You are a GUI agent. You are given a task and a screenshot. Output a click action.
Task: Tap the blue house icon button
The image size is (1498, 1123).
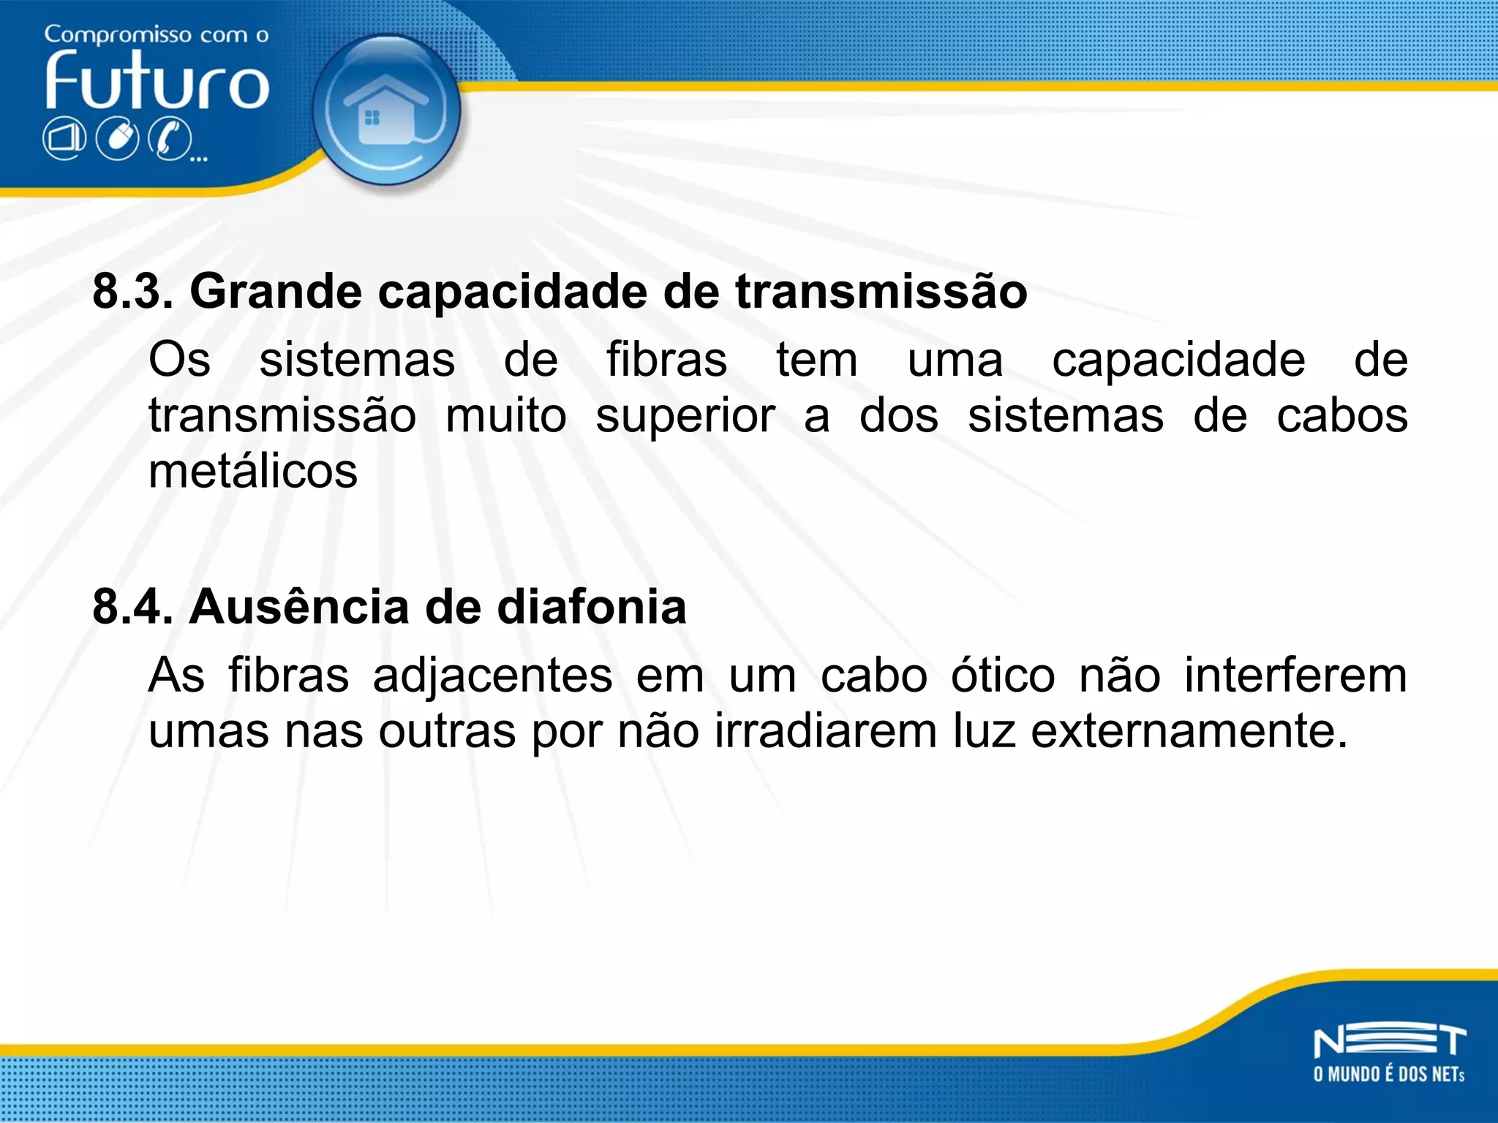(x=385, y=110)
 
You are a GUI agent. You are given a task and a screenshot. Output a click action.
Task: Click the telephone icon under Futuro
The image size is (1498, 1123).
(x=170, y=138)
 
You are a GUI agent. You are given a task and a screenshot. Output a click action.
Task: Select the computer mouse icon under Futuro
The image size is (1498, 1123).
(x=118, y=138)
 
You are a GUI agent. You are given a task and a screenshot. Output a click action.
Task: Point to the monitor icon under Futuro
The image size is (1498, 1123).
(x=64, y=138)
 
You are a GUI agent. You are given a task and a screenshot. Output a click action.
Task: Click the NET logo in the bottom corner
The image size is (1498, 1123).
(x=1389, y=1042)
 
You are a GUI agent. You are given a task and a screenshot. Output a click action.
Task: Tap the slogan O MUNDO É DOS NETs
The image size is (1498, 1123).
(x=1389, y=1074)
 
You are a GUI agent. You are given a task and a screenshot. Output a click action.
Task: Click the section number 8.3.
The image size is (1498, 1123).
(x=132, y=292)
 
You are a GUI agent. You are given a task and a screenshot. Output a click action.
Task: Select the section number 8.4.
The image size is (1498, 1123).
(x=132, y=607)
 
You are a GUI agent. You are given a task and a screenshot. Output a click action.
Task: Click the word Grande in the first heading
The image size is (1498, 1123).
(x=276, y=292)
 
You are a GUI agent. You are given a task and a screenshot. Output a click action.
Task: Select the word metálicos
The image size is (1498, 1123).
(x=253, y=472)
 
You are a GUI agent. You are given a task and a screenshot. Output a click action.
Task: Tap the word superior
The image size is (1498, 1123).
(x=685, y=416)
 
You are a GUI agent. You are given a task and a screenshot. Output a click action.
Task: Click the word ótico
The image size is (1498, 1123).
(x=1003, y=675)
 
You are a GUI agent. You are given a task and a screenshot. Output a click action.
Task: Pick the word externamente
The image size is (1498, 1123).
(x=1189, y=730)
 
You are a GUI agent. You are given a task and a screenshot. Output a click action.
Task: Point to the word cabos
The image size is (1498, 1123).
(x=1341, y=416)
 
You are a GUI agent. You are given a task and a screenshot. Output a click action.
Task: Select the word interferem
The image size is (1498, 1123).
(x=1295, y=675)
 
